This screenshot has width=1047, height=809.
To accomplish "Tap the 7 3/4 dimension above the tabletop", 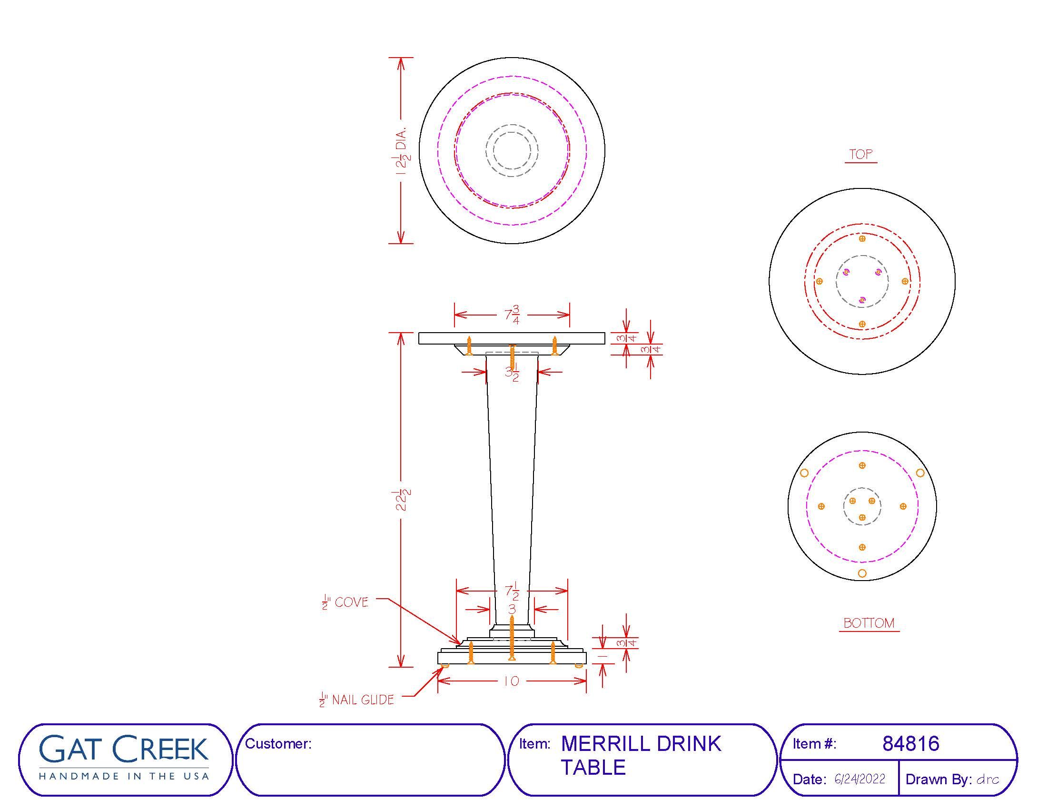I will point(512,316).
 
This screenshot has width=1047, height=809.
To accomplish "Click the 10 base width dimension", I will point(512,681).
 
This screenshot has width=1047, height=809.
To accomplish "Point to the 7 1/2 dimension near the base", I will point(512,592).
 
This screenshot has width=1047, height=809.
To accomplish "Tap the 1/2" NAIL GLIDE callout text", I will point(356,700).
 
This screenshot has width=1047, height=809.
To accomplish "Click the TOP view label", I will point(861,154).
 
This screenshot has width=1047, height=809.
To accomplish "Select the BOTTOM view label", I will point(869,623).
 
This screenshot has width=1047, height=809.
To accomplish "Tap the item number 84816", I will point(911,743).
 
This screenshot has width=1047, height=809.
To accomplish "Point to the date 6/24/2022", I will point(859,779).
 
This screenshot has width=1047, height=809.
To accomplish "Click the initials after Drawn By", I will point(988,779).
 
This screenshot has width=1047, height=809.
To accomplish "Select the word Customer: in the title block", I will point(278,743).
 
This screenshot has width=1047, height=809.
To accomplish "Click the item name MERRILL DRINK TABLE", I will point(641,755).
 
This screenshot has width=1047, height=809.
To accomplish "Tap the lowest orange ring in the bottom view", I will point(862,573).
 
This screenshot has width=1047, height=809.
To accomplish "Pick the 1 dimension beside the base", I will point(603,655).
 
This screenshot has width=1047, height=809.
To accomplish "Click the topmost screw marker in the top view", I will point(862,238).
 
